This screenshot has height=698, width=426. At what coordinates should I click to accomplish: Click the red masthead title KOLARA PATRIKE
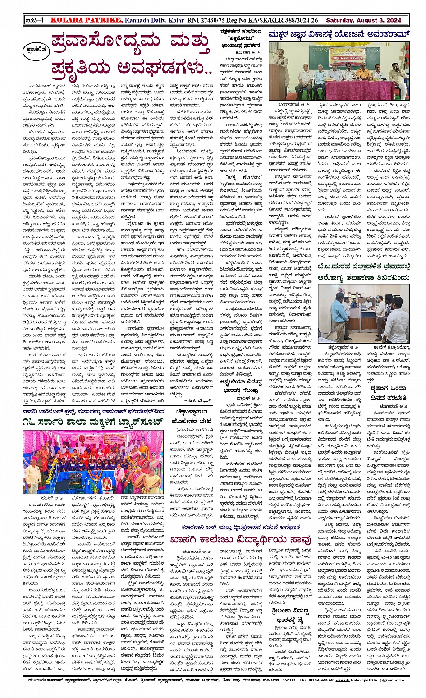(x=86, y=20)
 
